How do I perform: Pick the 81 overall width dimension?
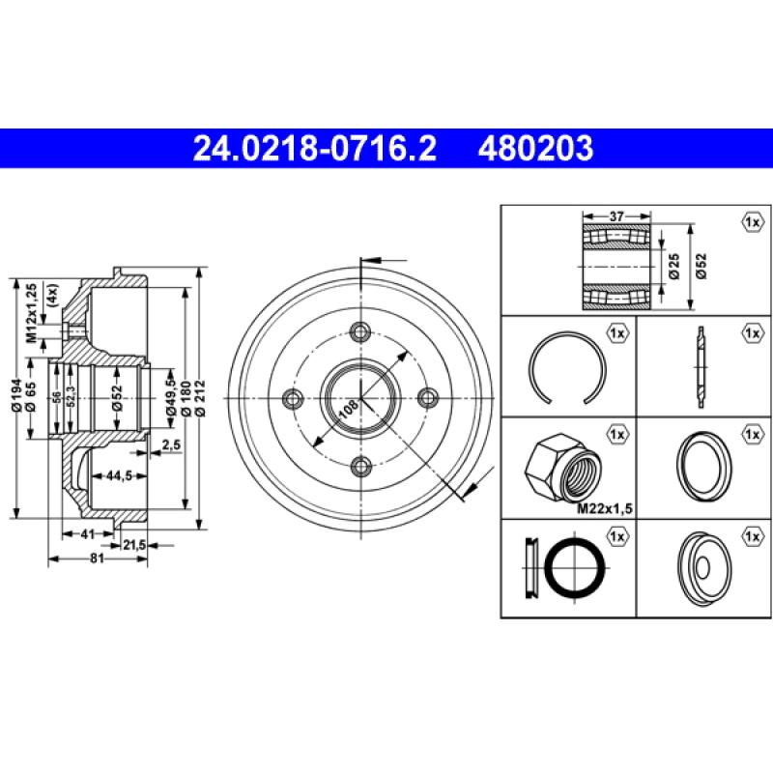point(97,558)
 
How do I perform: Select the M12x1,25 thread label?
point(31,313)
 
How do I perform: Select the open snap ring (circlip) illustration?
point(568,366)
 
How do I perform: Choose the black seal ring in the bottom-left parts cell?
point(574,566)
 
